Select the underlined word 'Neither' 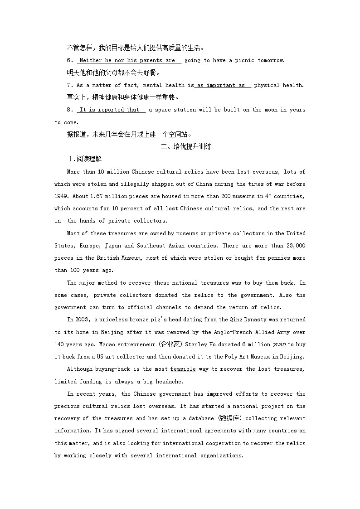tap(91, 60)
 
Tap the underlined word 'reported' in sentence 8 tap(111, 110)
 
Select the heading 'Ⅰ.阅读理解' tap(85, 159)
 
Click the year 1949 tap(61, 196)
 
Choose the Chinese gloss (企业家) tap(154, 344)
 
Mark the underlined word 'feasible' tap(183, 369)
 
